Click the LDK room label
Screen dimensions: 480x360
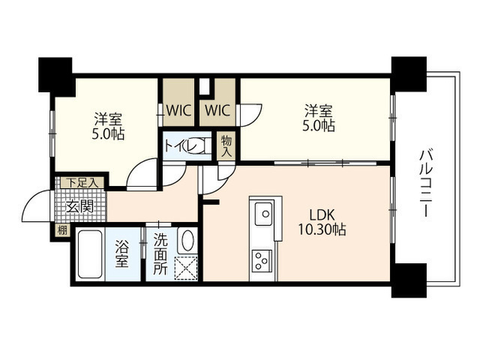[322, 215]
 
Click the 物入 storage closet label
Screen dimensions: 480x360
[226, 147]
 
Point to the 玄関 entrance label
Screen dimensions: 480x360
[79, 207]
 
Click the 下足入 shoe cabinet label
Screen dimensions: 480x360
[82, 183]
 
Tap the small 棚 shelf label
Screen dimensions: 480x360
[62, 230]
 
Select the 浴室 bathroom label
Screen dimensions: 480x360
[121, 253]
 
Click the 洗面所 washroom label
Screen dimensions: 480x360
[160, 253]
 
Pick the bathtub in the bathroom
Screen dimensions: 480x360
[90, 254]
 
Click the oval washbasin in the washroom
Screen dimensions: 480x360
[188, 240]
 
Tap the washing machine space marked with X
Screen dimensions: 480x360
[186, 268]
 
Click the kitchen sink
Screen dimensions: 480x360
[263, 213]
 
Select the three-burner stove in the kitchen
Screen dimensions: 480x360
[262, 260]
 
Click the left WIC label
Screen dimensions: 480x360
[178, 110]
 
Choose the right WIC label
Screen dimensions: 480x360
[217, 110]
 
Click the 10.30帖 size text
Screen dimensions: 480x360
[322, 229]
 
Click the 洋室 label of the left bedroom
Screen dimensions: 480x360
[108, 119]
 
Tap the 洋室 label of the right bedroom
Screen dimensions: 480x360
[318, 111]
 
